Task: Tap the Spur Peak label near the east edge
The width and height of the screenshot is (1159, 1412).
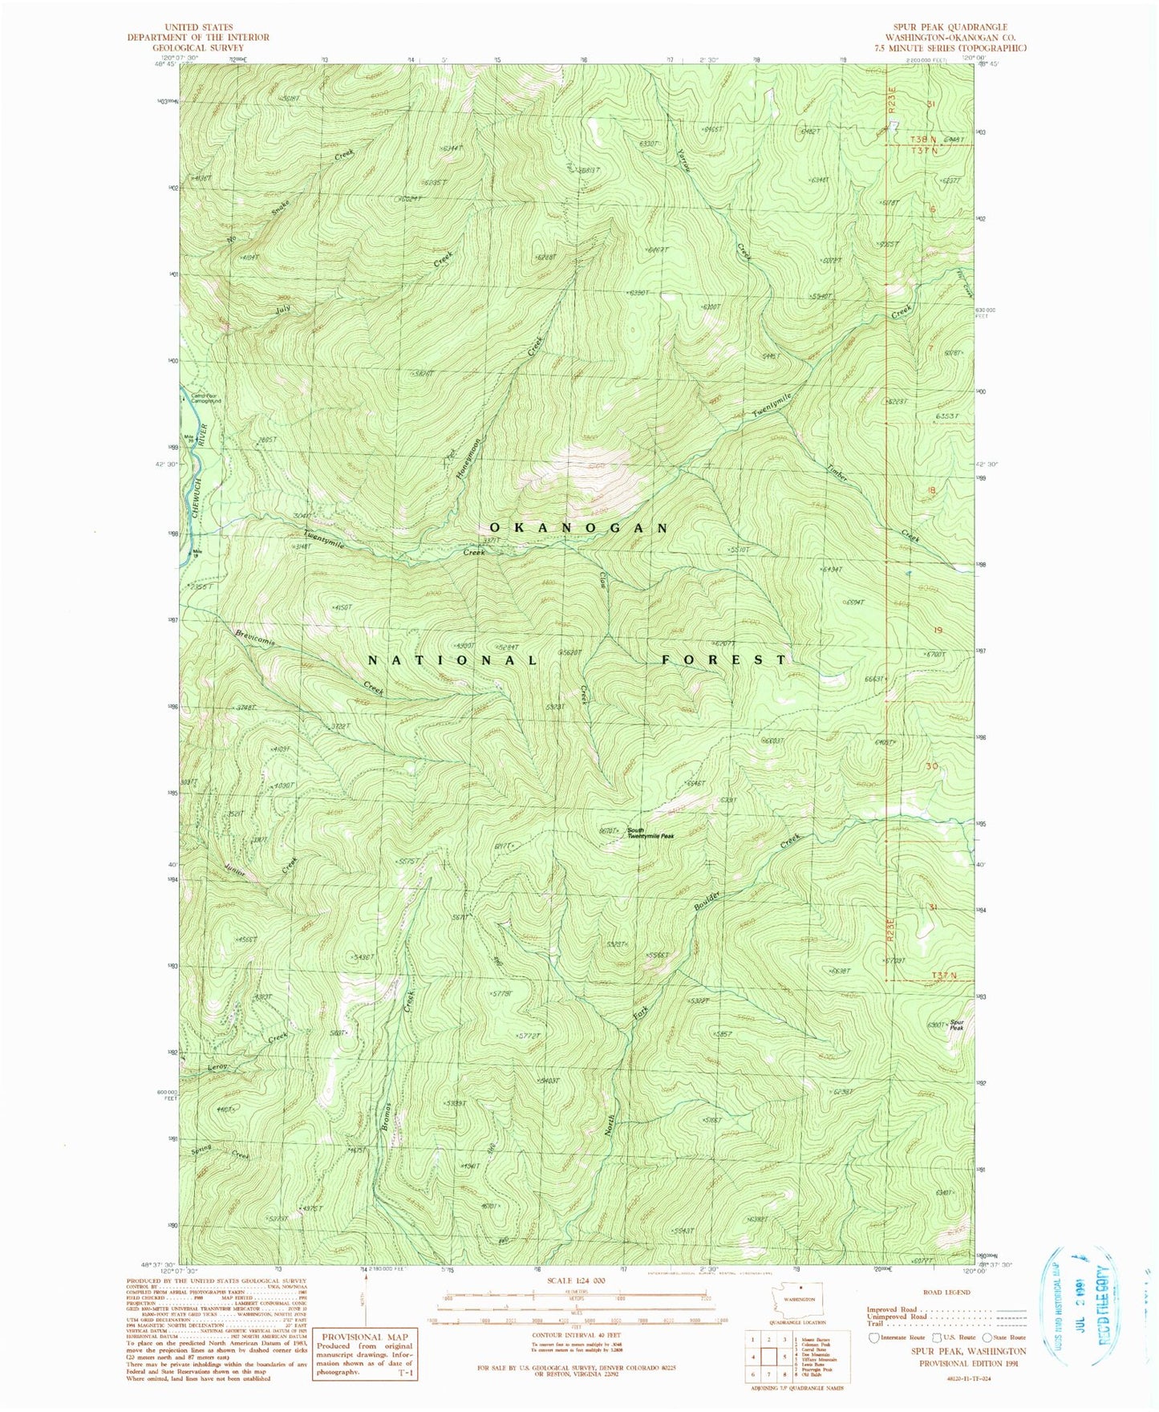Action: pyautogui.click(x=956, y=1025)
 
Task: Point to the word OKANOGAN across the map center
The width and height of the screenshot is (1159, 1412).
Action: pyautogui.click(x=578, y=528)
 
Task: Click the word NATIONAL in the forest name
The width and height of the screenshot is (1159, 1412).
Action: pyautogui.click(x=452, y=659)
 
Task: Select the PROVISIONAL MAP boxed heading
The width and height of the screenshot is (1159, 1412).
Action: pyautogui.click(x=365, y=1336)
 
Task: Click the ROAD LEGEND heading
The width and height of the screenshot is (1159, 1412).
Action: pyautogui.click(x=946, y=1292)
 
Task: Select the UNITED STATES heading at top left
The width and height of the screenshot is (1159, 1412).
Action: pyautogui.click(x=198, y=27)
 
